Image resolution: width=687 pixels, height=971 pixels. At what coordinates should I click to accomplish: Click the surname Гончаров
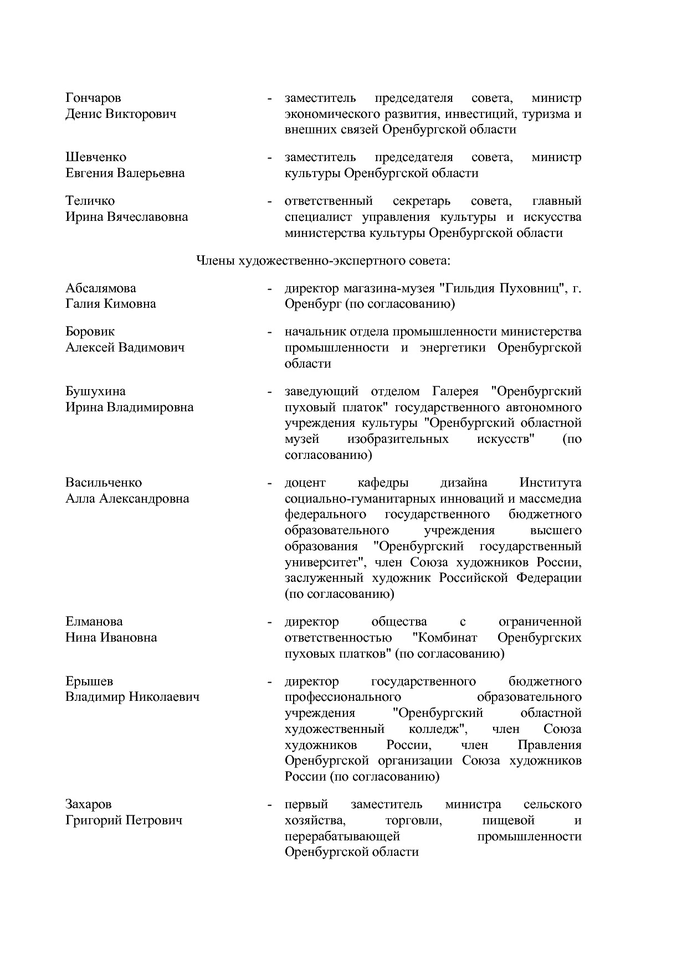93,98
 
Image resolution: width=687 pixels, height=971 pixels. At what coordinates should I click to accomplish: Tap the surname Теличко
90,201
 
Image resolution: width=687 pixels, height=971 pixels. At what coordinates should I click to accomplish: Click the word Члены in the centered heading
215,261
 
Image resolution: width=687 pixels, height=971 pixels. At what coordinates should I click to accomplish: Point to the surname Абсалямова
101,288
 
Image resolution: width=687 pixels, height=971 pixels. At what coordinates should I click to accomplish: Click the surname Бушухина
96,391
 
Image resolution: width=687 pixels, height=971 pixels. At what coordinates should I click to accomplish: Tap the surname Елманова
94,622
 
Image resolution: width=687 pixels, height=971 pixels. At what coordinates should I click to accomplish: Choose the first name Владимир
95,697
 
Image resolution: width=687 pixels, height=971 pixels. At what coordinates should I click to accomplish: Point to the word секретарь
422,201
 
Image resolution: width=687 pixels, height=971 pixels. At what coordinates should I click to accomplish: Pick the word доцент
305,483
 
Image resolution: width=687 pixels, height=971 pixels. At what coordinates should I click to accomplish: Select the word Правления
549,745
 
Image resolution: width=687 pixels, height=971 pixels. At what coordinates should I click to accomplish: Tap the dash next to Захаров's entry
269,804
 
